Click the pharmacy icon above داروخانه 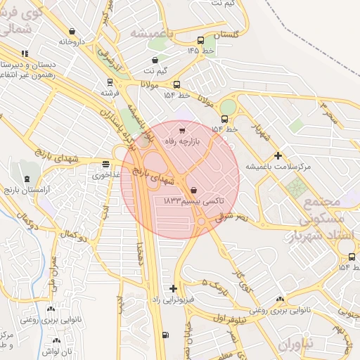pyautogui.click(x=72, y=31)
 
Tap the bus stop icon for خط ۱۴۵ pyautogui.click(x=202, y=40)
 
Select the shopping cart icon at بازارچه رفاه pyautogui.click(x=183, y=130)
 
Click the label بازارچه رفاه pyautogui.click(x=198, y=141)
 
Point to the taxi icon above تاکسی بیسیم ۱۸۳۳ pyautogui.click(x=193, y=190)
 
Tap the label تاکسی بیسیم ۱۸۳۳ pyautogui.click(x=193, y=201)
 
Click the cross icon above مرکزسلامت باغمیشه pyautogui.click(x=278, y=155)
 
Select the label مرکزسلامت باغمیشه pyautogui.click(x=269, y=167)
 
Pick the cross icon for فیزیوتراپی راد pyautogui.click(x=174, y=288)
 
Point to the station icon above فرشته pyautogui.click(x=109, y=82)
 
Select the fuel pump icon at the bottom pyautogui.click(x=165, y=335)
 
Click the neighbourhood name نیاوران pyautogui.click(x=292, y=345)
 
